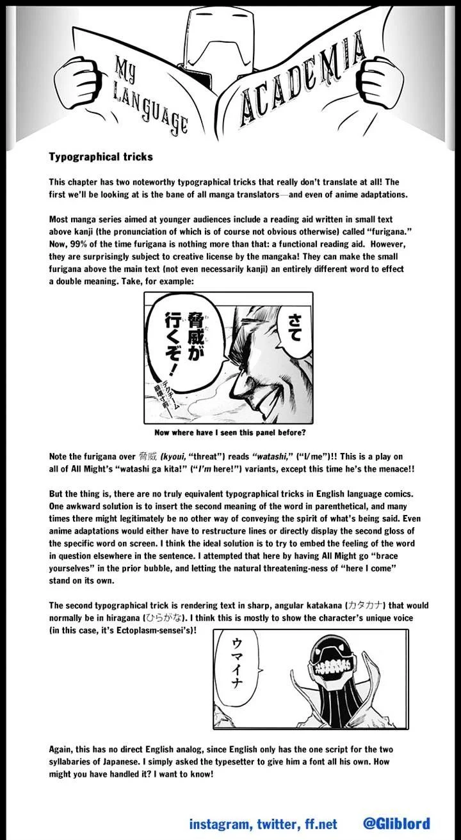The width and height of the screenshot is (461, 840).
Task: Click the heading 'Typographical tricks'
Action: click(x=101, y=157)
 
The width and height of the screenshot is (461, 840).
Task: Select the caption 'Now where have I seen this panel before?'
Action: click(x=229, y=432)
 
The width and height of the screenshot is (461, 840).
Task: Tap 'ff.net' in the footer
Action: click(x=318, y=823)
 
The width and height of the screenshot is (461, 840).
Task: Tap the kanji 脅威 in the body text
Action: click(x=146, y=457)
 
